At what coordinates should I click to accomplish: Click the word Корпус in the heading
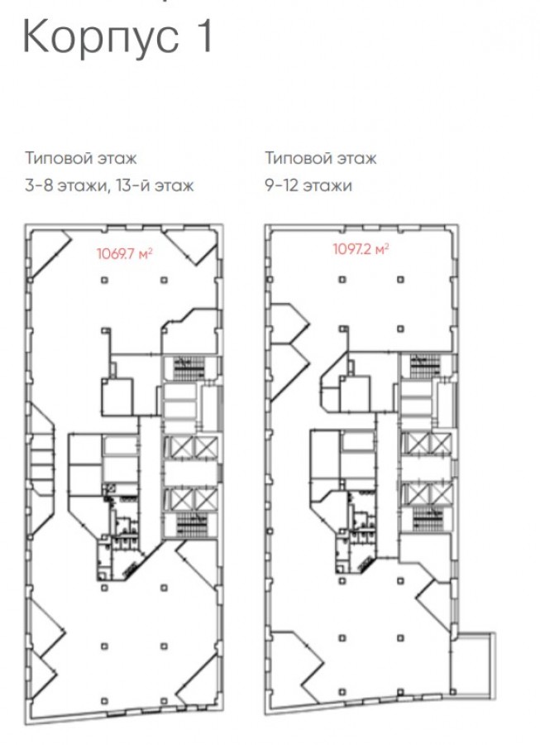101,38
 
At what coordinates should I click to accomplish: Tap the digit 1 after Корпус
204,36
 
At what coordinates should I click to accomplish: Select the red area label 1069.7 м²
124,254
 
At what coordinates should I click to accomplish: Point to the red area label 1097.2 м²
361,249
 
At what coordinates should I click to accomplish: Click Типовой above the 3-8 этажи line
57,158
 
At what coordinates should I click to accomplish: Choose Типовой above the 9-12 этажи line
297,158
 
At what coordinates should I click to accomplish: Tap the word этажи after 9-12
328,185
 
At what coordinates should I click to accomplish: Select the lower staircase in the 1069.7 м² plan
192,525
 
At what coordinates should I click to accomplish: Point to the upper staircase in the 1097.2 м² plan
425,365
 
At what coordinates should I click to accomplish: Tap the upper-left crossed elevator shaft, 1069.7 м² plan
179,448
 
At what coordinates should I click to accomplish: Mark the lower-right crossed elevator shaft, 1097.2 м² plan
440,494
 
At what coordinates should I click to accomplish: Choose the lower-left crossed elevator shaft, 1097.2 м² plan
418,494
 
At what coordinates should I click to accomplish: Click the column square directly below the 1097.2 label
342,280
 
